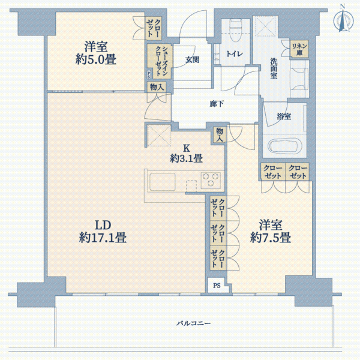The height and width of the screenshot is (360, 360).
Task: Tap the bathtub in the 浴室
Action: tap(284, 146)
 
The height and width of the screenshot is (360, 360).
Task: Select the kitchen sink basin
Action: tap(163, 182)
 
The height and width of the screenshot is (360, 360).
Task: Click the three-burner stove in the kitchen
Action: tap(211, 179)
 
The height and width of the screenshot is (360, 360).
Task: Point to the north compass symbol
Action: tap(343, 21)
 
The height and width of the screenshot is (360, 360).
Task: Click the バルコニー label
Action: tap(193, 323)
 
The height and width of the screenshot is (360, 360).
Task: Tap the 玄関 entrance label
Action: tap(192, 59)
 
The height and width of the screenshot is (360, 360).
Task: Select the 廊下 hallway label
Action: tap(217, 104)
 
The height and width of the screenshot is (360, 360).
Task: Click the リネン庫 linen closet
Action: tap(299, 49)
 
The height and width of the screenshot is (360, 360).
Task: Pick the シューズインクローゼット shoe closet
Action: tap(160, 61)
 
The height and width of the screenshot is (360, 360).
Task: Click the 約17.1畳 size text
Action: tap(103, 238)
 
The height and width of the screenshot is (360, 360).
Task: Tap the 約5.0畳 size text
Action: tap(96, 59)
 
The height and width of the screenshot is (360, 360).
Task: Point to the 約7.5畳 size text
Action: tap(271, 238)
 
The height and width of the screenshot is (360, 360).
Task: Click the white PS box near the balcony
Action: tap(217, 286)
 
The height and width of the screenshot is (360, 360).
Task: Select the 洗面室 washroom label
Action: tap(274, 68)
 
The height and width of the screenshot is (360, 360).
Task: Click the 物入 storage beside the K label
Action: tap(220, 134)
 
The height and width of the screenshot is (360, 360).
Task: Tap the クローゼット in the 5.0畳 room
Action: tap(154, 28)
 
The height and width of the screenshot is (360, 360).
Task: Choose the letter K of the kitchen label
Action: tap(186, 148)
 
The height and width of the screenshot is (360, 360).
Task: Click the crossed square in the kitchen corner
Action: tap(159, 136)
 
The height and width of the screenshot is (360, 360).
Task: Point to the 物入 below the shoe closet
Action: tap(157, 87)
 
